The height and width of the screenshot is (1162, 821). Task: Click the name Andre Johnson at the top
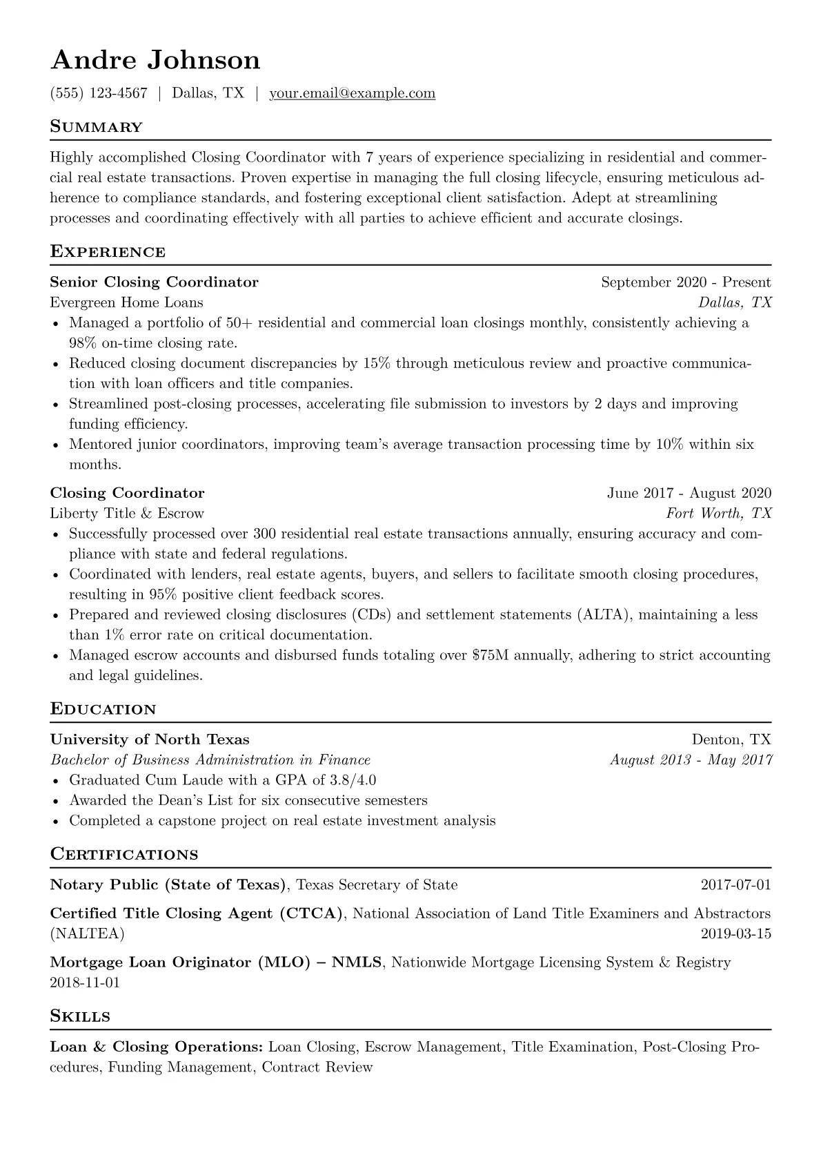tap(155, 60)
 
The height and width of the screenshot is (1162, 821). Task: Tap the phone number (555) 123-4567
tap(99, 93)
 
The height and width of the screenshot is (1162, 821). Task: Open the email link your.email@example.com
tap(352, 93)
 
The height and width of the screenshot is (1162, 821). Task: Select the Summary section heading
tap(96, 127)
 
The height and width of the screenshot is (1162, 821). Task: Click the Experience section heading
tap(108, 251)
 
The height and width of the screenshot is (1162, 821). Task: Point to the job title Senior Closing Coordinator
tap(154, 282)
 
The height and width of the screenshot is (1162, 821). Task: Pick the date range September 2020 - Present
tap(686, 282)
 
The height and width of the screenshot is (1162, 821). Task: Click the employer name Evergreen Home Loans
tap(126, 302)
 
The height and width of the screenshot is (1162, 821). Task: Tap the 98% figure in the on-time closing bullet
tap(82, 343)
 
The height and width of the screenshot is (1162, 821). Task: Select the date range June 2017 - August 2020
tap(689, 493)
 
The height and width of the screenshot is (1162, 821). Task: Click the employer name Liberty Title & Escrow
tap(127, 514)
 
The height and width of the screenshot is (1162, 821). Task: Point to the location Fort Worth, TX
tap(718, 514)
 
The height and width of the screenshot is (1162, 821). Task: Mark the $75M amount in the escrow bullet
tap(491, 655)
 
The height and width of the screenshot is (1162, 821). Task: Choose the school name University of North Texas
tap(150, 739)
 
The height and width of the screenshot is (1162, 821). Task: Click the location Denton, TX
tap(731, 739)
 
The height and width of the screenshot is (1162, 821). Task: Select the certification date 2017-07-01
tap(735, 885)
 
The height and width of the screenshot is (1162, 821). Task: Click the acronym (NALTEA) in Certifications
tap(88, 934)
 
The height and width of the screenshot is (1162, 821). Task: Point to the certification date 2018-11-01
tap(85, 982)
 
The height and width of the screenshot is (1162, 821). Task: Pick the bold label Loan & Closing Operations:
tap(157, 1047)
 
